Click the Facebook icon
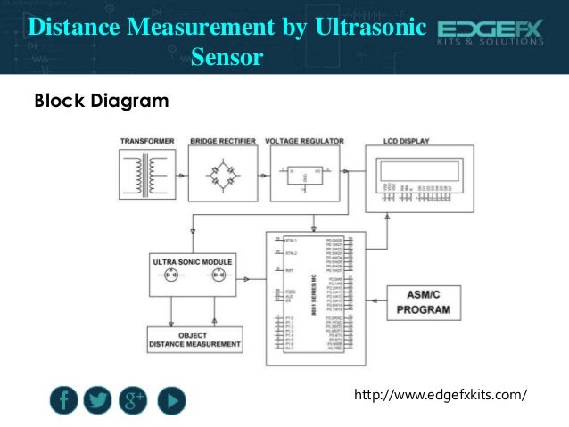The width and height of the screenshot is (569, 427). point(63,401)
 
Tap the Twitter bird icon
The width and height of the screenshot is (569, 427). point(98,401)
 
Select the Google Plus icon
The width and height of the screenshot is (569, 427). point(135,401)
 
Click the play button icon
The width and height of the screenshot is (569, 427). point(171,401)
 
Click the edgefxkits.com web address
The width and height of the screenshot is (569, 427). point(441,393)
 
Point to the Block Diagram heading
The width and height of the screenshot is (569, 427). point(101,102)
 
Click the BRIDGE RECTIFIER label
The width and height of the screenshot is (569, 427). point(222,141)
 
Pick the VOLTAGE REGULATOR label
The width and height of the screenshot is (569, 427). point(305,141)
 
